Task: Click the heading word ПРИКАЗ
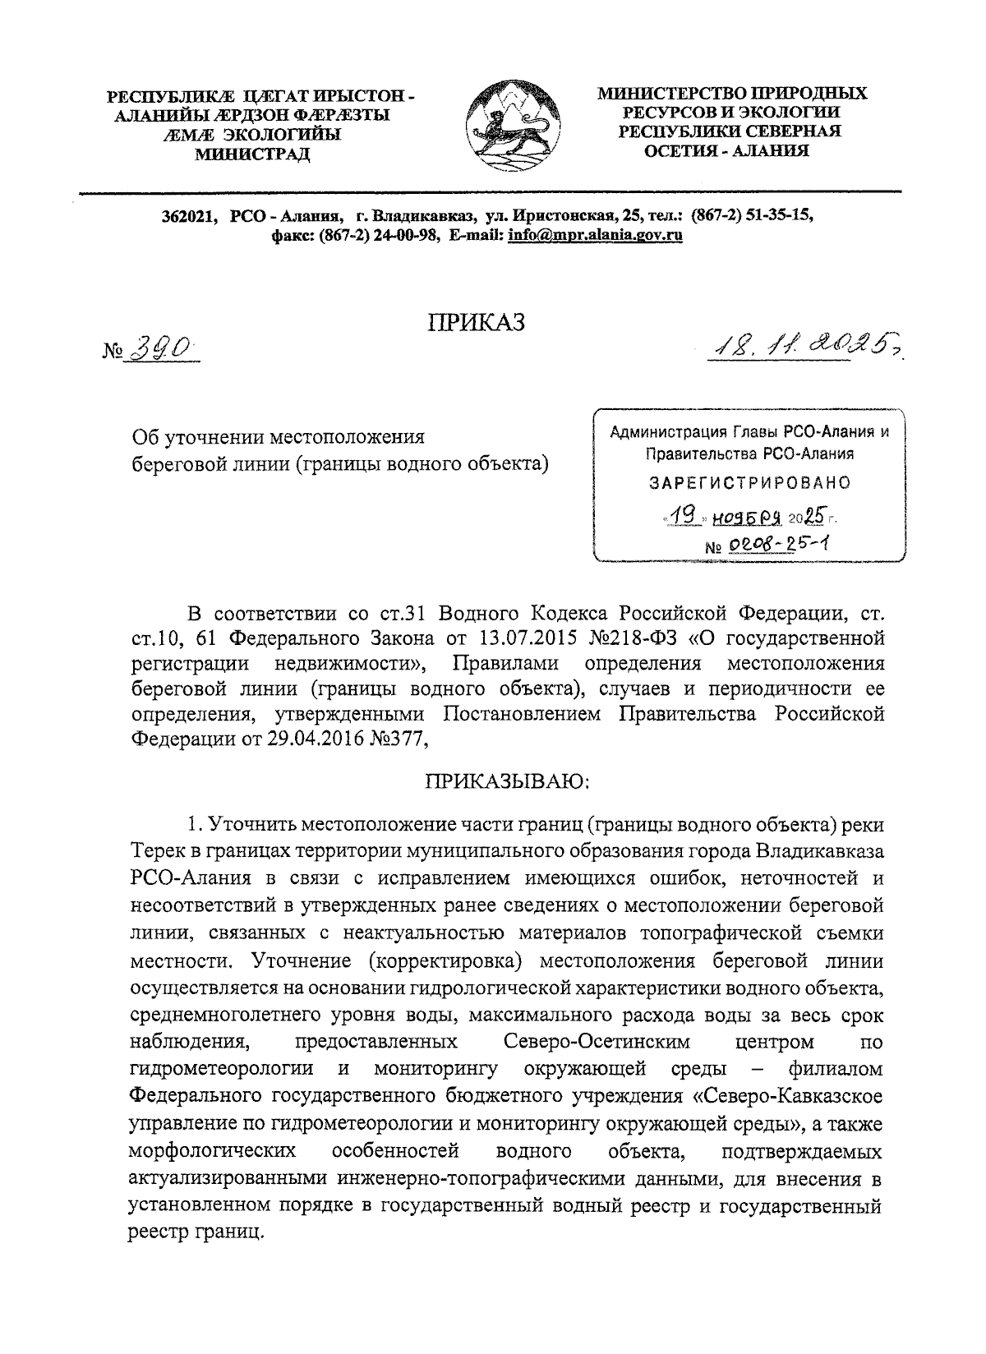coord(475,324)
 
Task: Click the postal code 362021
coord(188,216)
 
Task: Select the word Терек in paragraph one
coord(159,850)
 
